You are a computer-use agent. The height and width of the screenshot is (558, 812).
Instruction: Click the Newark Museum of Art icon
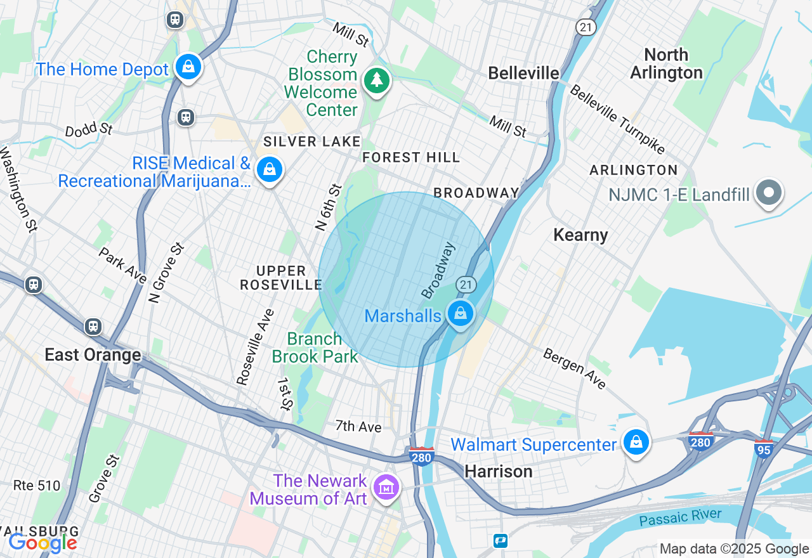[386, 488]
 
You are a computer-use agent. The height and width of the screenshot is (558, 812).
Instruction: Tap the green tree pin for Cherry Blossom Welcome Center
[377, 81]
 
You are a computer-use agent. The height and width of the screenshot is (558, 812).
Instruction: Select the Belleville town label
[523, 74]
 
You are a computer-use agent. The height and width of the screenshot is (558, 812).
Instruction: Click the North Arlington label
[666, 63]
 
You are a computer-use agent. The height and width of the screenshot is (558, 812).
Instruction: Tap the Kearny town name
[580, 235]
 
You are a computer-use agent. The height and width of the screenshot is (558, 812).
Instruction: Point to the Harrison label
[499, 471]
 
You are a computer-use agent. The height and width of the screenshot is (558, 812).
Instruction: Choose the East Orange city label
[93, 354]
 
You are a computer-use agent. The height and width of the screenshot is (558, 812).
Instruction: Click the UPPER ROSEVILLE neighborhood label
[281, 278]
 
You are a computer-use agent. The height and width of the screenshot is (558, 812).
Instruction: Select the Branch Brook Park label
[315, 347]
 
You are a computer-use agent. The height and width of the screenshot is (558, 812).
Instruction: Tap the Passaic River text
[680, 517]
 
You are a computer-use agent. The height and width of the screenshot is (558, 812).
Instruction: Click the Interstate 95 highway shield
[764, 449]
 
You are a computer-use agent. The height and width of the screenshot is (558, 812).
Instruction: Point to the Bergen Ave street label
[574, 368]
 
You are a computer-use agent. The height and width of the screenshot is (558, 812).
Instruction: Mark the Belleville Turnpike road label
[617, 119]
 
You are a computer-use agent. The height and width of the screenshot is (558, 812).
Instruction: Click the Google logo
[43, 543]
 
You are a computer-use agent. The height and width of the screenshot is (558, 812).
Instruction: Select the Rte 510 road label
[37, 486]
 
